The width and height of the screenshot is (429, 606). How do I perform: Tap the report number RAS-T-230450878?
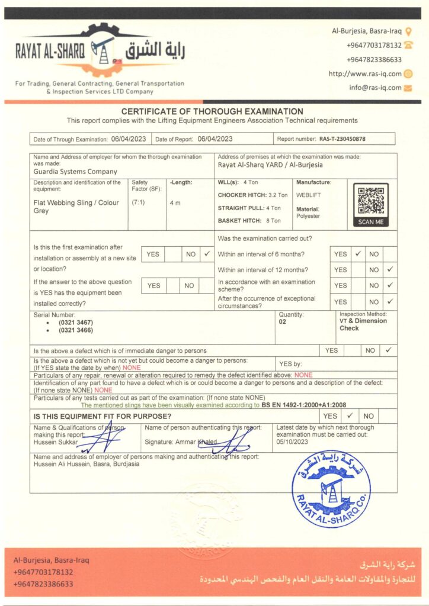click(x=342, y=139)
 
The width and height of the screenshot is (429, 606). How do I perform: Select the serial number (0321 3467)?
click(x=75, y=323)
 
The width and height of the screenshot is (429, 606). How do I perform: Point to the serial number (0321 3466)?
click(x=75, y=330)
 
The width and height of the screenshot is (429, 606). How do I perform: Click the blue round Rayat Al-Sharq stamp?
click(x=331, y=488)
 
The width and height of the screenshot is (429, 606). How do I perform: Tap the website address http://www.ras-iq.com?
click(x=365, y=74)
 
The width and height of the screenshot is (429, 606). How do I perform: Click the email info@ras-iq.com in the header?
click(x=375, y=88)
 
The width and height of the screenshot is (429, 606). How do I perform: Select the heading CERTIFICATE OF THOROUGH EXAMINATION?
click(x=212, y=111)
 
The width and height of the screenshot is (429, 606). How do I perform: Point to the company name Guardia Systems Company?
click(x=75, y=172)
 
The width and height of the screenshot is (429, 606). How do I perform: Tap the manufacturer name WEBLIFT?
click(x=309, y=194)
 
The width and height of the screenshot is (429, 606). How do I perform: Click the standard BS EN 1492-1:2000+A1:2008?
click(x=303, y=405)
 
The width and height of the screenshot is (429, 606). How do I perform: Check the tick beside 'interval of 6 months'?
click(x=358, y=254)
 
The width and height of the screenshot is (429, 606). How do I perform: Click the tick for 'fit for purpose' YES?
click(x=350, y=416)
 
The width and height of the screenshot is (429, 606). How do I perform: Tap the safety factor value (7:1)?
click(x=137, y=202)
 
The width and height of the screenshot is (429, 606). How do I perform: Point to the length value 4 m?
click(x=175, y=203)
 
